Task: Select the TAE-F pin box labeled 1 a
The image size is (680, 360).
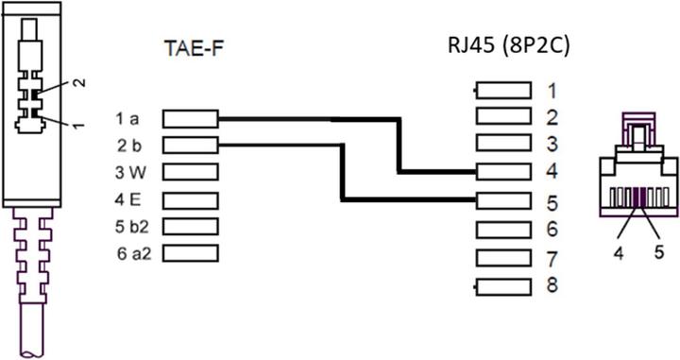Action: [190, 119]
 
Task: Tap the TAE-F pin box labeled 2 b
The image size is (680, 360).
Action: [190, 146]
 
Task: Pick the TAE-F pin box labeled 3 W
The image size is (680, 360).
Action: [190, 173]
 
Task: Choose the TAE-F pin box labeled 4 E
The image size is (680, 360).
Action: [190, 200]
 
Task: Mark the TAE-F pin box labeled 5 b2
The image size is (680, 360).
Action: [190, 227]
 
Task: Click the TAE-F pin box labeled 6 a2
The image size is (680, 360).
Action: [190, 254]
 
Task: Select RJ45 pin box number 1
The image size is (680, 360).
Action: [503, 91]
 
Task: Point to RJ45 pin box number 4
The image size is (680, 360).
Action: [503, 172]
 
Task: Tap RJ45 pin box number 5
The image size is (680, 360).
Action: [503, 199]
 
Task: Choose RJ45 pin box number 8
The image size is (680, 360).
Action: [503, 285]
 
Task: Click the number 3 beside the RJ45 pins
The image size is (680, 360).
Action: [552, 145]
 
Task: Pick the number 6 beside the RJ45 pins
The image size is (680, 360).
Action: [552, 230]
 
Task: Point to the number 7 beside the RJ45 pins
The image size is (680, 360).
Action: [552, 258]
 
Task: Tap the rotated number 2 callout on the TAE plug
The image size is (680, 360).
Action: [79, 83]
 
